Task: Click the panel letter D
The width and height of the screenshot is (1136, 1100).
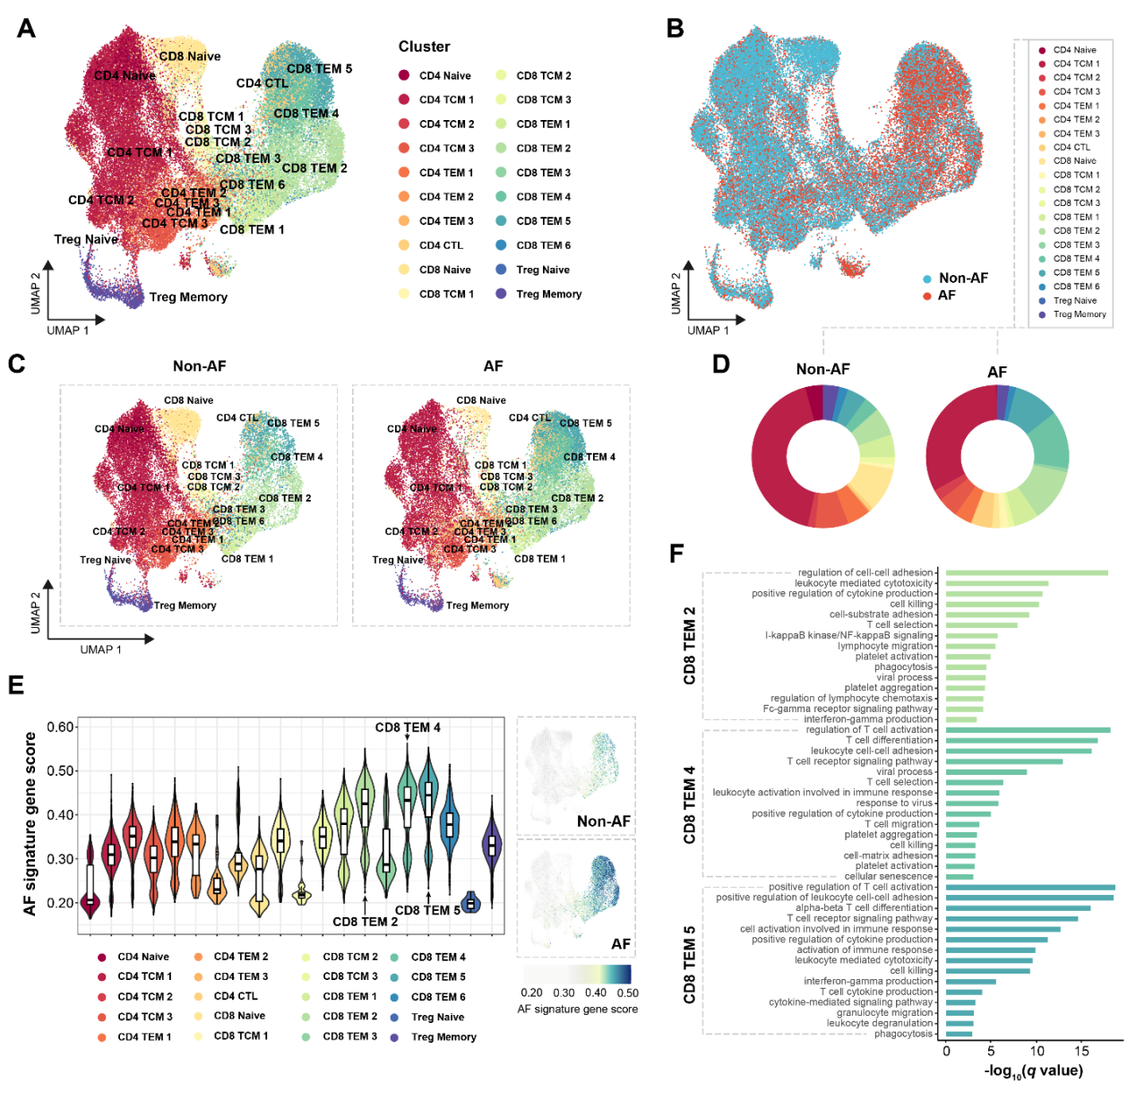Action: coord(720,364)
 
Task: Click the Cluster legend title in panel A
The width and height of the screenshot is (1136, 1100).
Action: coord(424,47)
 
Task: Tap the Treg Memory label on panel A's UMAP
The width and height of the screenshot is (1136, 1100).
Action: coord(188,297)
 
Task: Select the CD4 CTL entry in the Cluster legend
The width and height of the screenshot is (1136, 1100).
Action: coord(441,245)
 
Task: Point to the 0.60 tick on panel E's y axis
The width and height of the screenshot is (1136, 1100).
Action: coord(60,727)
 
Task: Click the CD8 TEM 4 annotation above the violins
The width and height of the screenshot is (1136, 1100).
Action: coord(408,727)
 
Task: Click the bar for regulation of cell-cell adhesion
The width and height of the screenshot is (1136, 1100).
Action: coord(1026,573)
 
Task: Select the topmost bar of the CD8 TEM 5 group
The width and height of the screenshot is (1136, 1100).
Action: coord(1029,888)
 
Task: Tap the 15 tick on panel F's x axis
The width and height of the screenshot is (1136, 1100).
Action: coord(1082,1052)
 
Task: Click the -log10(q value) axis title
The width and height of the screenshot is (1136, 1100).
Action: coord(1033,1071)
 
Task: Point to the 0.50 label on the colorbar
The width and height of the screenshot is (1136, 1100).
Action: coord(627,993)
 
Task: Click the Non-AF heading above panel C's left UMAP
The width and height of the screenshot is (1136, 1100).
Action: coord(199,366)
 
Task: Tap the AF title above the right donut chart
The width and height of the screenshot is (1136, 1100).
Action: coord(996,372)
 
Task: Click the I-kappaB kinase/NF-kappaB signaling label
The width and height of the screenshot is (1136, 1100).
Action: coord(848,636)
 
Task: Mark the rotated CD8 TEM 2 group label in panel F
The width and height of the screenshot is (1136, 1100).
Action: coord(689,646)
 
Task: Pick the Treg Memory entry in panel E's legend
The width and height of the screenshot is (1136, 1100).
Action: coord(443,1037)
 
